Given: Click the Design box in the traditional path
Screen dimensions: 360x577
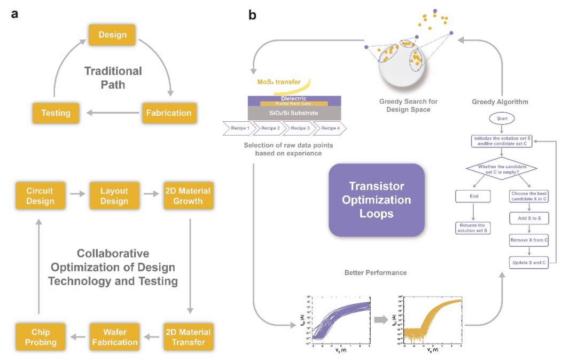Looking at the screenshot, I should [x=113, y=35].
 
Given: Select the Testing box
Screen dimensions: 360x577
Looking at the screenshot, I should [x=56, y=113].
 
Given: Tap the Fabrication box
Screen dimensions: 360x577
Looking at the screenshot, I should [x=169, y=113].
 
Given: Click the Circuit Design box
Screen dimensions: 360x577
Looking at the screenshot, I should [x=40, y=196].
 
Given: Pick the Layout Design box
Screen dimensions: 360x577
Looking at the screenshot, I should [x=114, y=196].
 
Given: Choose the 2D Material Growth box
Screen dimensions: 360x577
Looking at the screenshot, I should [x=188, y=196].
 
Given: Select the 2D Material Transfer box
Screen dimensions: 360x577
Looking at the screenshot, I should [x=188, y=337].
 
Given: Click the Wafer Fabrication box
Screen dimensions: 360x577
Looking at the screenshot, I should [x=114, y=337].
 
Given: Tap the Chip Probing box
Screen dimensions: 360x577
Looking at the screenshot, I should [x=40, y=337].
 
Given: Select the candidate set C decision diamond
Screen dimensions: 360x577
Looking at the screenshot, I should [x=501, y=170].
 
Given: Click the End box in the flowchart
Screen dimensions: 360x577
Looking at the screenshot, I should [x=474, y=196].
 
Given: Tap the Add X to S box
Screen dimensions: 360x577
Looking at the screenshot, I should [x=529, y=218].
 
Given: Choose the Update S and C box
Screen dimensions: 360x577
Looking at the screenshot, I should [x=529, y=263].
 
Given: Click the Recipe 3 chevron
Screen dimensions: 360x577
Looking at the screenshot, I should [x=299, y=128].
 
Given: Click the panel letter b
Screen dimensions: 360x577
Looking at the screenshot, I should [x=253, y=15].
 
